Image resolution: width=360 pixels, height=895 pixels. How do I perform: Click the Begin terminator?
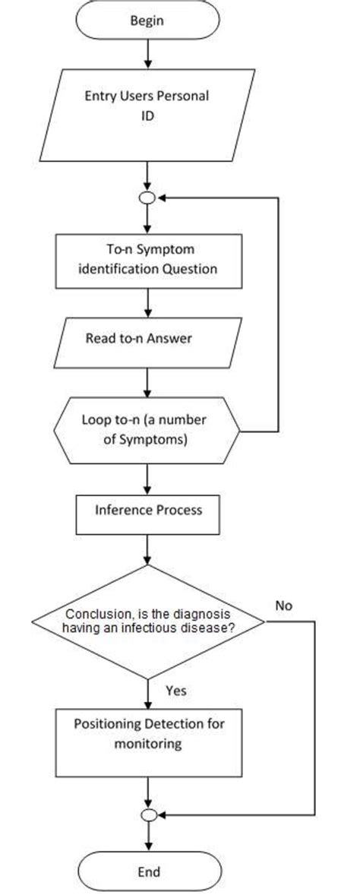click(147, 22)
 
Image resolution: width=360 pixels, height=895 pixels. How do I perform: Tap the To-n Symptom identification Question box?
click(147, 260)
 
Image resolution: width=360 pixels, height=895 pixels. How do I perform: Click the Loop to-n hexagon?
click(147, 429)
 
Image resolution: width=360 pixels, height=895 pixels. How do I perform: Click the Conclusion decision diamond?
click(148, 621)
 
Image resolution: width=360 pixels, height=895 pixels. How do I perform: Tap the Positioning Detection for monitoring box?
click(149, 735)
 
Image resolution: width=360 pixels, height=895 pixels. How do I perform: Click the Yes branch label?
click(175, 691)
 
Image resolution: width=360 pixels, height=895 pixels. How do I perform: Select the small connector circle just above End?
click(149, 814)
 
